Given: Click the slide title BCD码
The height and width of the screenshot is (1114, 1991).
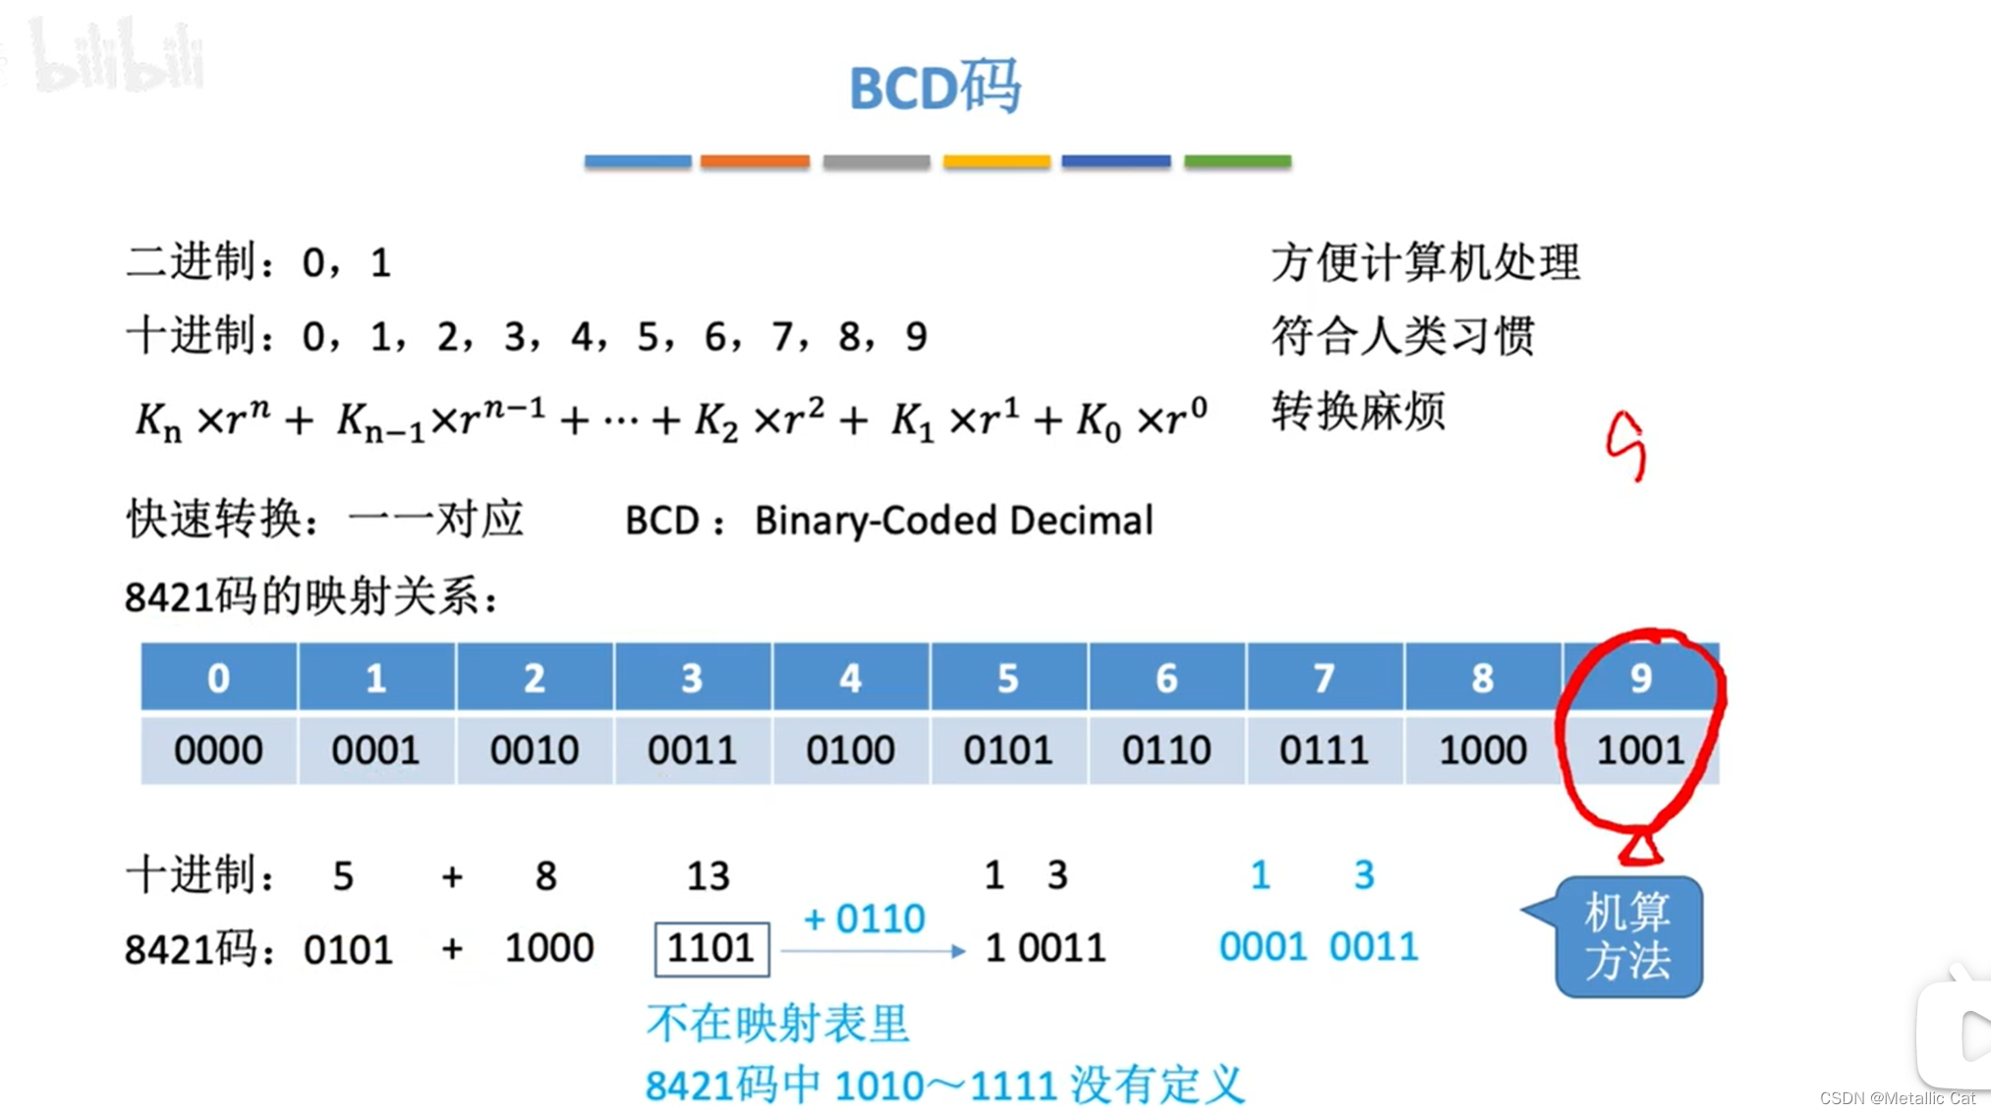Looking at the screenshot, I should click(x=935, y=88).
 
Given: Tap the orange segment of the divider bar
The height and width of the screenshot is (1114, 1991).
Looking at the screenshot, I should click(x=755, y=161).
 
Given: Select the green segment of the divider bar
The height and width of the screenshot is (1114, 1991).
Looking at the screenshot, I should click(x=1237, y=161).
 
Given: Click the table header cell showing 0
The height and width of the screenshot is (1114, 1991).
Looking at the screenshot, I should click(x=218, y=678).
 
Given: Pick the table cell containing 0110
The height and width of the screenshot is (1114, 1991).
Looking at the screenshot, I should click(x=1166, y=751).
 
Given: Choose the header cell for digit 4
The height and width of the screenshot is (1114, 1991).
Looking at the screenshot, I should click(x=850, y=678).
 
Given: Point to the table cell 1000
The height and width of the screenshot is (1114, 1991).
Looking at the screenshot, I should click(x=1483, y=751).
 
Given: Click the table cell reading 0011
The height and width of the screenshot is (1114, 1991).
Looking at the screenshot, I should click(x=692, y=751).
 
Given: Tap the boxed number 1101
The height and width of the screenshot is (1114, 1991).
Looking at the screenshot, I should click(x=711, y=949).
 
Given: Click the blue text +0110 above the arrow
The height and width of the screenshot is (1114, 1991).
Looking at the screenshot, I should click(x=864, y=919).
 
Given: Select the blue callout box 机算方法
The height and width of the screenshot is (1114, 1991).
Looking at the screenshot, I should click(x=1628, y=937).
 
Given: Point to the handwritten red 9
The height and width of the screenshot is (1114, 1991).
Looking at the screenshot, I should click(x=1626, y=446).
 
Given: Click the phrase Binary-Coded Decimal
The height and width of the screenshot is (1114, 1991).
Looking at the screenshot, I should click(x=953, y=521).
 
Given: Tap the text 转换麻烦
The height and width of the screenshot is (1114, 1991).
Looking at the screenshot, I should click(x=1358, y=411).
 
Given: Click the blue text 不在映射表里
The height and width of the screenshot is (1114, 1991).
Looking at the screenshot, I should click(x=777, y=1025).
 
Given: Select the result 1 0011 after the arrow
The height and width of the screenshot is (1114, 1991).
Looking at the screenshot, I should click(x=1045, y=949).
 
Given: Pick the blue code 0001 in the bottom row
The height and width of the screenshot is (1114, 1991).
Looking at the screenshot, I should click(x=1263, y=948).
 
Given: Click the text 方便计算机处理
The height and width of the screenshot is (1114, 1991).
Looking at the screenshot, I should click(x=1425, y=262).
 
